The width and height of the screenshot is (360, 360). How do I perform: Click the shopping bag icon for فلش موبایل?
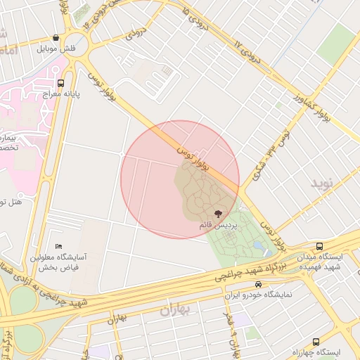[x=56, y=38]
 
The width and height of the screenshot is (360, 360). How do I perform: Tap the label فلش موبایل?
[x=56, y=49]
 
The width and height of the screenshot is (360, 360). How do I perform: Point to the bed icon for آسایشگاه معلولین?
[x=58, y=246]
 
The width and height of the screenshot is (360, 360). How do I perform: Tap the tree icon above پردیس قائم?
[x=217, y=212]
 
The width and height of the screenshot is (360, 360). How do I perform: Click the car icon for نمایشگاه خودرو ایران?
[x=259, y=285]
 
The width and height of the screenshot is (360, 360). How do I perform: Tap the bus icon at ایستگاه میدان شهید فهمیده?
[x=319, y=246]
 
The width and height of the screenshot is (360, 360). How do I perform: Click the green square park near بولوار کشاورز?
[x=335, y=44]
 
